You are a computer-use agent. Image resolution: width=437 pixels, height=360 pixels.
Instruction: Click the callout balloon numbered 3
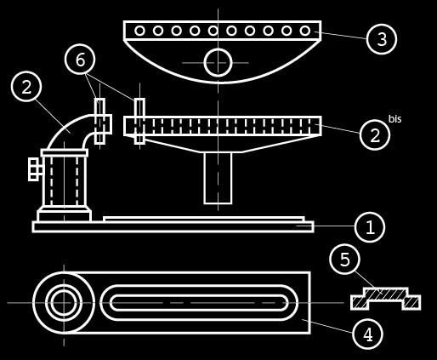[x=382, y=39]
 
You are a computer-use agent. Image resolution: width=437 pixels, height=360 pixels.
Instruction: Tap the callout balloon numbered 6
[x=80, y=60]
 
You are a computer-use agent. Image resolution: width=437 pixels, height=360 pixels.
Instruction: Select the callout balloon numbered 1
[x=370, y=227]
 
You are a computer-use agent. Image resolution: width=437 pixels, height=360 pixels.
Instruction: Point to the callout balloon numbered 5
[x=345, y=259]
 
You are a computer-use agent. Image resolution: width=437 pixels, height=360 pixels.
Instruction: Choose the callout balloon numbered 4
[x=368, y=334]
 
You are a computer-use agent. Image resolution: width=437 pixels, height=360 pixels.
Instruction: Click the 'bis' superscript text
[x=394, y=119]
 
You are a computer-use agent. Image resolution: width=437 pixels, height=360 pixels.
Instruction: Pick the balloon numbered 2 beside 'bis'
[x=375, y=134]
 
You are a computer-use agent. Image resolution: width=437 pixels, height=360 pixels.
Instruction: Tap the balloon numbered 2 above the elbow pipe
[x=26, y=86]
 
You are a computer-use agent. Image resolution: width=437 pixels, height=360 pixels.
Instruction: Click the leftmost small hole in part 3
[x=139, y=31]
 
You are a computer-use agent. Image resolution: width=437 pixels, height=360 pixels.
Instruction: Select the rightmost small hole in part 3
[x=305, y=31]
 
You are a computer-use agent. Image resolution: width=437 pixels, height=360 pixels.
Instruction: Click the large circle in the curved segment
[x=218, y=62]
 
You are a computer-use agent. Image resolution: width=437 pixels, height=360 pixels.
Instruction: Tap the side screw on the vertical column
[x=36, y=169]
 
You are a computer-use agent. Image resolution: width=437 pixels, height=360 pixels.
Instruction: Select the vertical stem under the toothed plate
[x=218, y=178]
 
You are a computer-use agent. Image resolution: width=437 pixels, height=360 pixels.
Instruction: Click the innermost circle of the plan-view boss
[x=64, y=303]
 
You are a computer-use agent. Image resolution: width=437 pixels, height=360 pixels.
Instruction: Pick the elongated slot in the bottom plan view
[x=199, y=303]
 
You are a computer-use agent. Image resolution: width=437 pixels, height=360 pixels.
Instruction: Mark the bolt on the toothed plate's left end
[x=139, y=121]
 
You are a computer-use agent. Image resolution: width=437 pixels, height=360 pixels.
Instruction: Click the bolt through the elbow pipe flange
[x=99, y=121]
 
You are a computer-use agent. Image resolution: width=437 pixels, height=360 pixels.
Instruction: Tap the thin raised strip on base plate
[x=204, y=219]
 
